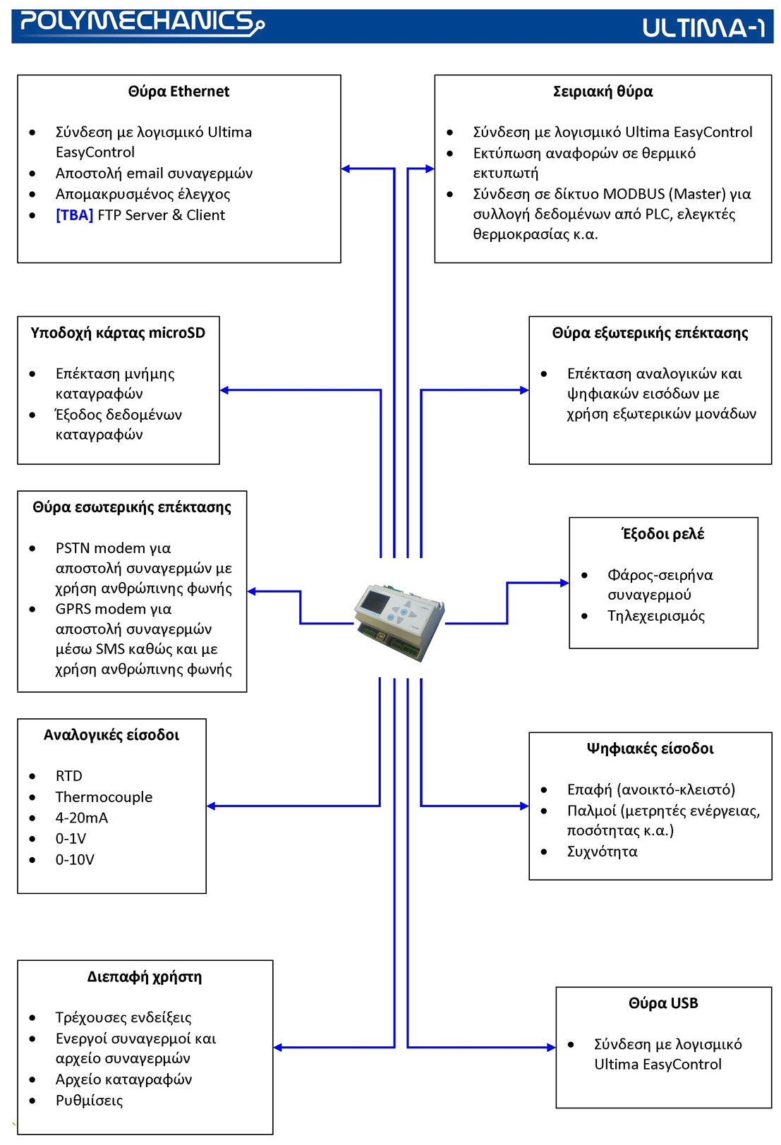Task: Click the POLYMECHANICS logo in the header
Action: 141,23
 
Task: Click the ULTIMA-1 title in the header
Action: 703,28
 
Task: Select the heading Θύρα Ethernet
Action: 178,92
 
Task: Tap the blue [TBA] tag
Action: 74,215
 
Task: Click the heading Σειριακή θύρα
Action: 603,92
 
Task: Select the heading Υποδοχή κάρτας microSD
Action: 118,333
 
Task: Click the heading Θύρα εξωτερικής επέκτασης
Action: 650,333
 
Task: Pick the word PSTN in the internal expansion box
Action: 73,548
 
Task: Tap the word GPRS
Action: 73,609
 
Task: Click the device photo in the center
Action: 399,622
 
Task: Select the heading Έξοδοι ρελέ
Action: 662,534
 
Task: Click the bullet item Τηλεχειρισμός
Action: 655,616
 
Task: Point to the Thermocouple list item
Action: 104,797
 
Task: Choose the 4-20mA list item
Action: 82,818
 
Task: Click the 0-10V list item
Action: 75,859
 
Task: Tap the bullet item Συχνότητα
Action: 602,852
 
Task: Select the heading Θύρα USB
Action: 662,1003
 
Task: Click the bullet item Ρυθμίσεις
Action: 89,1101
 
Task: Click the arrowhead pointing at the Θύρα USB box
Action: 551,1047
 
